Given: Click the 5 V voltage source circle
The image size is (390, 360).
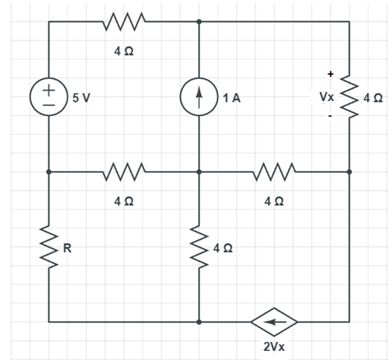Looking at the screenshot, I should coord(49,98).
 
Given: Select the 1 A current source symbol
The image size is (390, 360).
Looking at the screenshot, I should coord(199,98).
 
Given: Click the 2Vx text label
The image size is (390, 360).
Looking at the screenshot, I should coord(274,346).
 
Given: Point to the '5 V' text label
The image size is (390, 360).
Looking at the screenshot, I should coord(81,98).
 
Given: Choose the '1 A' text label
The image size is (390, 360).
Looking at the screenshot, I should coord(230,98).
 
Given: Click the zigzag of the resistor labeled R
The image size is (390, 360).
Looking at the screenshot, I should coord(49,247).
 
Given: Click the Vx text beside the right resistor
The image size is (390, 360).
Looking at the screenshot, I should coord(327,97).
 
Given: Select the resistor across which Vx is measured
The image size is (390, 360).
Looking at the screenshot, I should coord(350,97).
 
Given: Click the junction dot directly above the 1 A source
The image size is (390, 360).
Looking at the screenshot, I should coord(199,21).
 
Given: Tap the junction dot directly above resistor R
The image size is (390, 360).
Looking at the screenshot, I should coord(49,173).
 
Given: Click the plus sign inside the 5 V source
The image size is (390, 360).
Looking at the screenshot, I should coord(49,89).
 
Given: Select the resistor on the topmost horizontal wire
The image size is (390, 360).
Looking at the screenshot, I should coord(123,21).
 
